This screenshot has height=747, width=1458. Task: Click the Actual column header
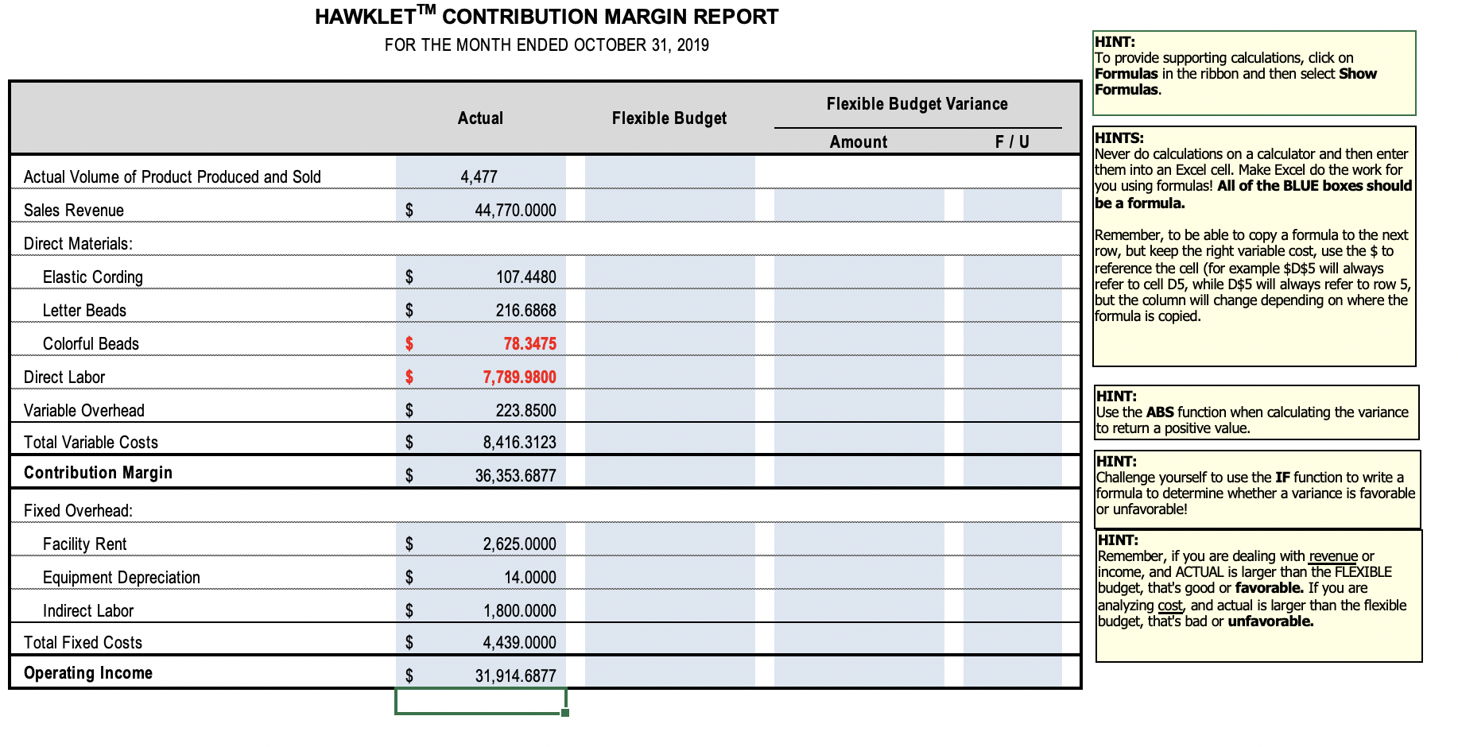[x=480, y=118]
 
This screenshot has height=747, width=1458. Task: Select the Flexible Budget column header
[x=669, y=118]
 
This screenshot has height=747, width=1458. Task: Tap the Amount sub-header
[x=858, y=142]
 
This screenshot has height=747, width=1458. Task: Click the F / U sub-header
[x=1012, y=142]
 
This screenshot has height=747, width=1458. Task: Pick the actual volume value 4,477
[x=479, y=176]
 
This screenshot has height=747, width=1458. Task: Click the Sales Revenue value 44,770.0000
[x=515, y=210]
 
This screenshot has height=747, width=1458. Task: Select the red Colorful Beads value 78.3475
[x=529, y=343]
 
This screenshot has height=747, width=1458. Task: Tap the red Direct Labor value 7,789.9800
[x=519, y=377]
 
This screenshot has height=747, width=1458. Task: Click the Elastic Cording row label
[x=93, y=277]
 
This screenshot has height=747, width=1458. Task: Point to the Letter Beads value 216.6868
[x=525, y=310]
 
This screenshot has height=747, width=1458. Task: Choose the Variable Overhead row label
[x=84, y=410]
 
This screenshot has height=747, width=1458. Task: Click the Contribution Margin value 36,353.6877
[x=515, y=475]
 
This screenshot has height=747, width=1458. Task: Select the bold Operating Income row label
[x=88, y=673]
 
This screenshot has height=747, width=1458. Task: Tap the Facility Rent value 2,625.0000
[x=519, y=544]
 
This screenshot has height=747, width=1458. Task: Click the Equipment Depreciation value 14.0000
[x=529, y=577]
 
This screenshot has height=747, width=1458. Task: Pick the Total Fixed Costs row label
[x=83, y=642]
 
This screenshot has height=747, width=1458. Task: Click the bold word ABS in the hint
[x=1160, y=412]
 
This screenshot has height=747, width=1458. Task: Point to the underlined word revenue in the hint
[x=1333, y=556]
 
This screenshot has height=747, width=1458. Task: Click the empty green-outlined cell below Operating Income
[x=480, y=701]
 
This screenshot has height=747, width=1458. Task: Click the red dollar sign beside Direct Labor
[x=409, y=377]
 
